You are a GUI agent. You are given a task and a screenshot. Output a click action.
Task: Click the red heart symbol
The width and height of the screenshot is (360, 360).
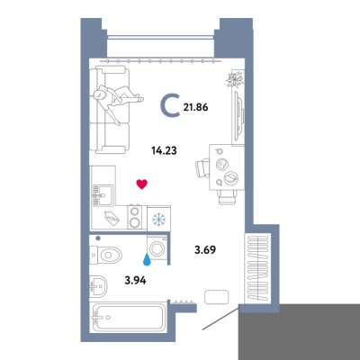142,184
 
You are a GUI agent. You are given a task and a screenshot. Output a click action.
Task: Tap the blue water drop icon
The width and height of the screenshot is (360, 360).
147,260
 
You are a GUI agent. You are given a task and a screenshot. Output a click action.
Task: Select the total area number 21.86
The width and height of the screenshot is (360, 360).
195,107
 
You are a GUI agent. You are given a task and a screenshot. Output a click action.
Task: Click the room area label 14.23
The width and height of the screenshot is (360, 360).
164,150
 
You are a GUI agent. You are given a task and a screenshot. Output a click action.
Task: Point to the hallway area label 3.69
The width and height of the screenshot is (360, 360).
205,249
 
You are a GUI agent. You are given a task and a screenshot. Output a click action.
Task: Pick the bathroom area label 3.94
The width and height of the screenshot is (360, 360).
135,281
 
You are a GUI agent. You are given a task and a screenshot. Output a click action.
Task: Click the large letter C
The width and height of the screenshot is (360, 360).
170,104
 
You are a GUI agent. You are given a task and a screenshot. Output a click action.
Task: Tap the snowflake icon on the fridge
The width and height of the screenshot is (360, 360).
158,220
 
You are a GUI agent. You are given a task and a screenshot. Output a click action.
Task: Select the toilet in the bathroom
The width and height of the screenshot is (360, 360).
106,256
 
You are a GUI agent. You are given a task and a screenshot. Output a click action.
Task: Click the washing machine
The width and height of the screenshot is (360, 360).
157,248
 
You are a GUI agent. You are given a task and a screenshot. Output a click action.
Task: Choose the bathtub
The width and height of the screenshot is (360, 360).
128,318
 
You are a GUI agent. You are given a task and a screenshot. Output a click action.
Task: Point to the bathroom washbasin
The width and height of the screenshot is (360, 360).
98,285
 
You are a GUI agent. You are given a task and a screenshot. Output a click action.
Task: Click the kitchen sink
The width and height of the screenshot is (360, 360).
103,195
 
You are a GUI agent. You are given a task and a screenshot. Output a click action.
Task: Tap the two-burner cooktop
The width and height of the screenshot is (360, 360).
136,217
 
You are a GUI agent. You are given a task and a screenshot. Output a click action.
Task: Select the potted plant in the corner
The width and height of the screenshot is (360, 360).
236,79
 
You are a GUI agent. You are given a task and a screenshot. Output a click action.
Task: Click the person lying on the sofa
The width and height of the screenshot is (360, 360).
117,103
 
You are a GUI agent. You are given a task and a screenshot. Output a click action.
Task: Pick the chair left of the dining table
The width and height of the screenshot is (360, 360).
202,168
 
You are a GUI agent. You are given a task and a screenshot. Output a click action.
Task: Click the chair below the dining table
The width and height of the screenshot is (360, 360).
228,197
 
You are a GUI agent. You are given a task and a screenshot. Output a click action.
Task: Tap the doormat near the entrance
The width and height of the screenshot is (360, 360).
216,297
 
